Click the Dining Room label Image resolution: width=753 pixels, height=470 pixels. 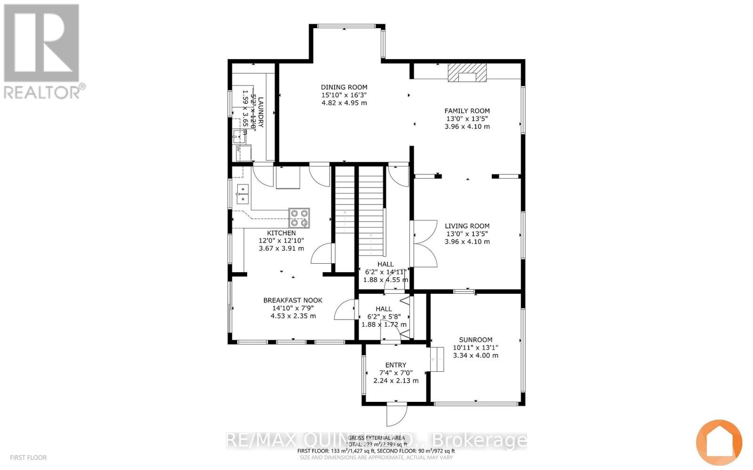point(344,87)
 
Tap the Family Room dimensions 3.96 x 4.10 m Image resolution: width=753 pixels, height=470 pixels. point(467,126)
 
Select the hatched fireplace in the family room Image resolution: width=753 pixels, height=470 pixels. point(467,73)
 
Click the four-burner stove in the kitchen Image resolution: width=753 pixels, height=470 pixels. point(299,218)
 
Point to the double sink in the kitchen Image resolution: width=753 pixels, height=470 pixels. point(242,194)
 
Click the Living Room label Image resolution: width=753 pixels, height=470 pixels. point(467,226)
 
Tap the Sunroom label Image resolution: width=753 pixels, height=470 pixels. point(475,340)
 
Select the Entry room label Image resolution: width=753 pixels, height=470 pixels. point(395,365)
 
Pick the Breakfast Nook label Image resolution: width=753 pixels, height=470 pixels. point(293,300)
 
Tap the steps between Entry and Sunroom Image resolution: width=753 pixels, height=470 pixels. point(437,360)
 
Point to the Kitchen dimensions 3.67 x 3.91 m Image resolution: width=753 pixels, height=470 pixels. point(281,248)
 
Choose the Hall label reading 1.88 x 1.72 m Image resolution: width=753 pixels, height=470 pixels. point(384,324)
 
